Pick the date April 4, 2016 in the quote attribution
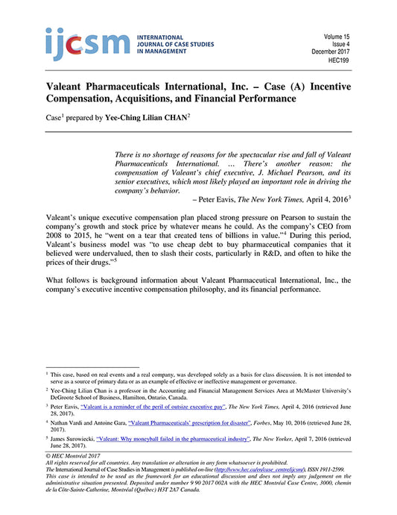320,200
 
